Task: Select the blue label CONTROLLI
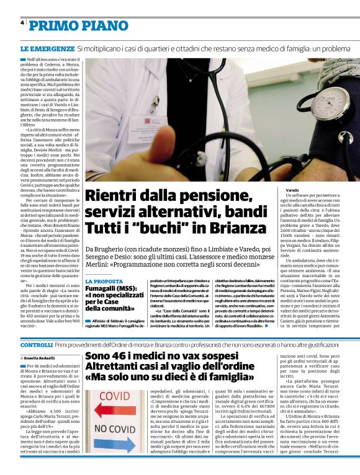pyautogui.click(x=36, y=344)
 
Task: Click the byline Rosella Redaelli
pyautogui.click(x=42, y=358)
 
